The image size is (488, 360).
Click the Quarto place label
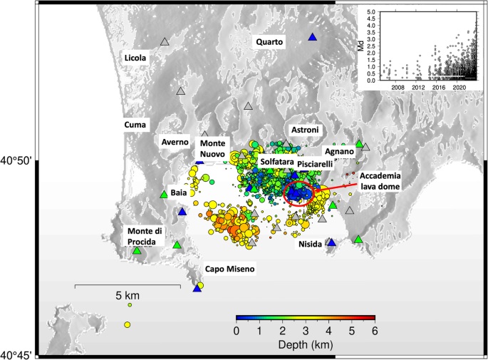(270, 42)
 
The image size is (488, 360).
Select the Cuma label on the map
(135, 124)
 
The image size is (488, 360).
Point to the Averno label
(175, 142)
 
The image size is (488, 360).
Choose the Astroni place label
(306, 130)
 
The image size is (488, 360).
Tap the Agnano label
(338, 151)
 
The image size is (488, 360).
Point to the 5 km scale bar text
(128, 295)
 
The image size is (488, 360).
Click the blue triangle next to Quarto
(312, 37)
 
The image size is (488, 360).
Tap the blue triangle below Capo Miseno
(197, 288)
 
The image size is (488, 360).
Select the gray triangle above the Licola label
(165, 43)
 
